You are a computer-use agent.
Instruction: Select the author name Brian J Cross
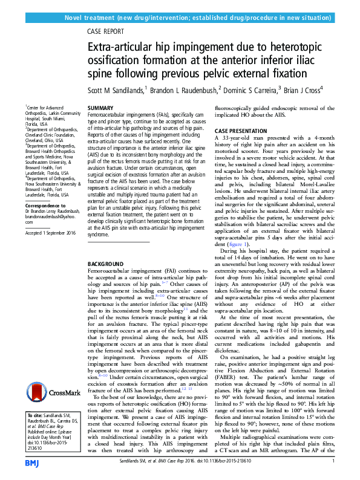coord(305,89)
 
